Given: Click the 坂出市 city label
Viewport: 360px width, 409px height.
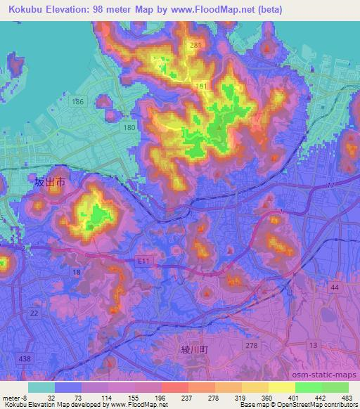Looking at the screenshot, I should (x=51, y=182).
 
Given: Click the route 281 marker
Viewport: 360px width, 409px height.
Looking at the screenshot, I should (x=195, y=46).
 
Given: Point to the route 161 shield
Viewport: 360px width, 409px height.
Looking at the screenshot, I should (x=202, y=86).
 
